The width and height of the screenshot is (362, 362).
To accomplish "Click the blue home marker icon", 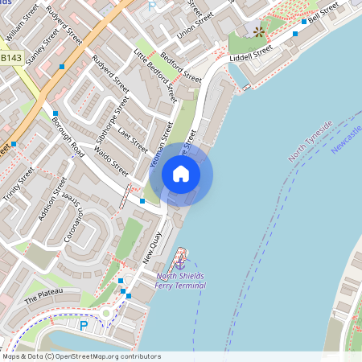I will (181, 174).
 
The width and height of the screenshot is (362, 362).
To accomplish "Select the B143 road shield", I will (11, 58).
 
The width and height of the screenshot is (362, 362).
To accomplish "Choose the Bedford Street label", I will (181, 69).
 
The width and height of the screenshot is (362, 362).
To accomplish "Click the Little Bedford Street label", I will (154, 77).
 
